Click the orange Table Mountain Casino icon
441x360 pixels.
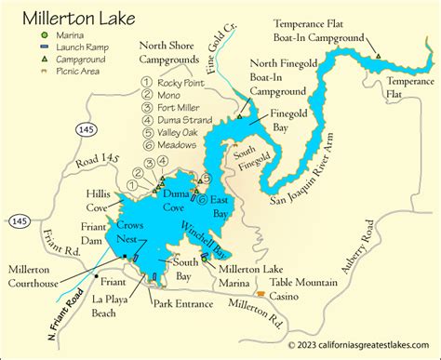[261, 293]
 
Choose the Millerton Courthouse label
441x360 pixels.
[37, 271]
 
